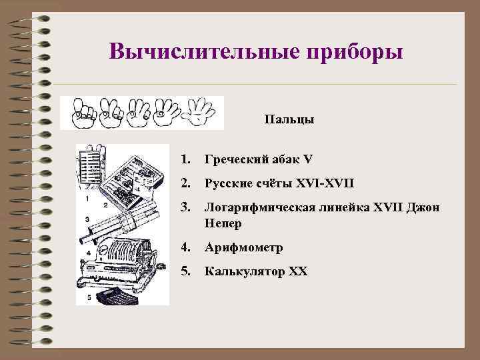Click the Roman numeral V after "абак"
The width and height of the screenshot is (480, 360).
(307, 159)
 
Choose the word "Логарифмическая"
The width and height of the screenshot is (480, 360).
(265, 209)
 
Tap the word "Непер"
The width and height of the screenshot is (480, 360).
(223, 223)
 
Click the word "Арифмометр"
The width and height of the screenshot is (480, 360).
(244, 247)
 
